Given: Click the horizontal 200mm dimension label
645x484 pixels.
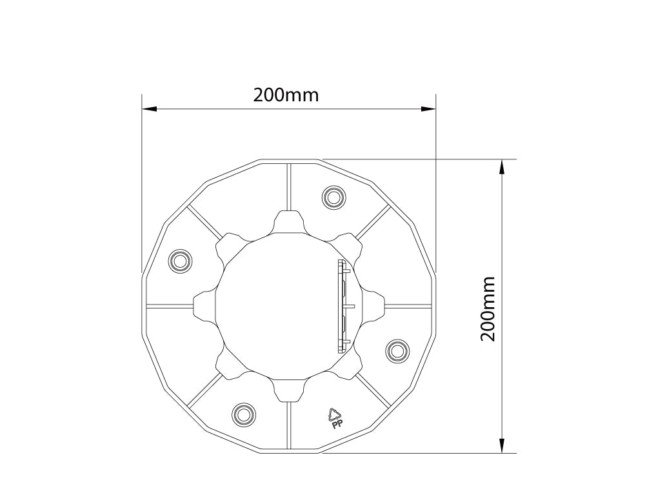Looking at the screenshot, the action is (x=286, y=95).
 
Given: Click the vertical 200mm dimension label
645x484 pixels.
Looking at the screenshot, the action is (x=488, y=308).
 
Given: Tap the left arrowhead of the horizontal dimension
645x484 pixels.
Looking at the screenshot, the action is (x=150, y=109).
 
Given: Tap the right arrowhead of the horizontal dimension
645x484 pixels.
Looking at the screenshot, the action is (x=428, y=109).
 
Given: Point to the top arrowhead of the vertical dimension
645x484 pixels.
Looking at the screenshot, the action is (x=502, y=167).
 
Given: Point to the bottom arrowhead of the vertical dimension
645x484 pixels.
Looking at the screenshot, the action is (x=502, y=445).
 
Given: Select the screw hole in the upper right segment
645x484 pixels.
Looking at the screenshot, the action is (x=333, y=197).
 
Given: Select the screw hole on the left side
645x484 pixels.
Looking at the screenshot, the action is (x=180, y=261).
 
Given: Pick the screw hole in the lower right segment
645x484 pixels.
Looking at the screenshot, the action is (x=397, y=351).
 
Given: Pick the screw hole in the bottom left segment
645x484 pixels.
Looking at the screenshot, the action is (x=243, y=413).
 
